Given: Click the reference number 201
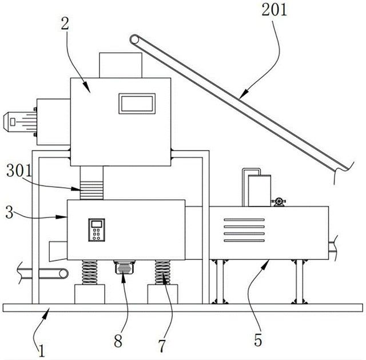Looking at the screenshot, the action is coord(274,10).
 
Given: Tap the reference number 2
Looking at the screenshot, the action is coord(65,24).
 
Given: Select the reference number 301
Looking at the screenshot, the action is coord(19,171).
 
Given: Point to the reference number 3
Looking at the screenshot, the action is coord(9,212).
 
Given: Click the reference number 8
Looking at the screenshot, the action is coord(118,341).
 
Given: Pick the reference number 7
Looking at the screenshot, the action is coord(162,346).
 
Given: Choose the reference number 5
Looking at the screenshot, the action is coord(258,340).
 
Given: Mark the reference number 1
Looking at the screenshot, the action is coord(42,351).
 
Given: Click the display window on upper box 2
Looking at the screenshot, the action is coord(137,104).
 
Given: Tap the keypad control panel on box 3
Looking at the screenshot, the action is coord(97,230).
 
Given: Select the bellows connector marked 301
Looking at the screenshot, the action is coord(91,191).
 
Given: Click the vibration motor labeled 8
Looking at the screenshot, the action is coord(124,267).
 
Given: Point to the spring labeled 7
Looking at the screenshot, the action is coord(162,272).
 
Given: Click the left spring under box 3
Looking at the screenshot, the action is coord(89,272).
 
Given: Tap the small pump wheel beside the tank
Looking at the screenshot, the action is coord(279,201).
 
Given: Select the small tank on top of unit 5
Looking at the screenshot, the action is coord(260,191).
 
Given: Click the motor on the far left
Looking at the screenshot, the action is coord(20,121).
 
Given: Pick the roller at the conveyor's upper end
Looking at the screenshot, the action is coord(135,39).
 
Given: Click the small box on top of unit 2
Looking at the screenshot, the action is coord(121,65).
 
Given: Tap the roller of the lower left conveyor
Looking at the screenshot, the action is coord(63,274).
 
